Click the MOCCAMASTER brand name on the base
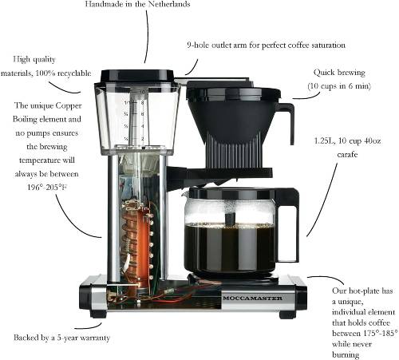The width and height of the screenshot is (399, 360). point(252,298)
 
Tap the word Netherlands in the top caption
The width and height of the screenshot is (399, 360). point(169,4)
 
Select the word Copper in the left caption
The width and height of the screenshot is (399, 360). point(69,106)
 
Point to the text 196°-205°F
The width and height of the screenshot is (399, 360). point(47,188)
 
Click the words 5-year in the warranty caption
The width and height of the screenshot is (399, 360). point(67,338)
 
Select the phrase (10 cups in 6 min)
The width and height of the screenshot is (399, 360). point(339,86)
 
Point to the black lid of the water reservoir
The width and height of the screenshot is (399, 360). point(137,75)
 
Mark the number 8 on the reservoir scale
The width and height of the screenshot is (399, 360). point(142,102)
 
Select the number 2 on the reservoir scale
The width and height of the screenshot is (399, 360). point(143,139)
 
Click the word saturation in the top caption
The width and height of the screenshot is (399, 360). point(328,45)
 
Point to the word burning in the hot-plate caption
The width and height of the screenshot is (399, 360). point(346,354)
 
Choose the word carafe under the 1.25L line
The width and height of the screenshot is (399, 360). point(347,154)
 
